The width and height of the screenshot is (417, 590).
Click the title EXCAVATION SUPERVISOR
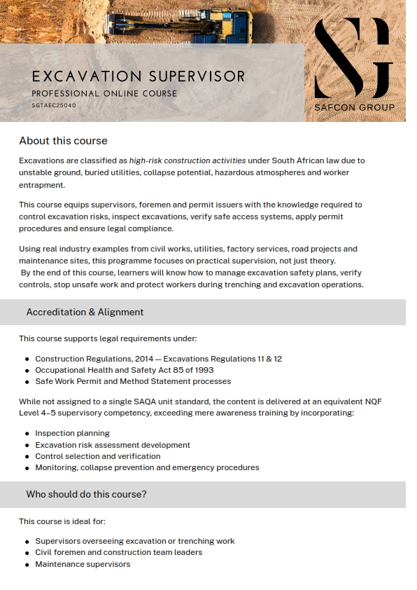point(139,76)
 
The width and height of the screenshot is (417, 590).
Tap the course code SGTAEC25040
point(54,105)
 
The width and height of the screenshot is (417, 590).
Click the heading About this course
point(63,141)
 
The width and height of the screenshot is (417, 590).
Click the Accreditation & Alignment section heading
point(85,312)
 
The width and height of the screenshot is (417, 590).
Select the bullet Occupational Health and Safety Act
point(125,370)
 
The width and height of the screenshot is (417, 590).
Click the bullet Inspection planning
point(72,433)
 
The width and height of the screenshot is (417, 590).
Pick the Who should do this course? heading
point(86,494)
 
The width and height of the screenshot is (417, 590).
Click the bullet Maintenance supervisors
point(83,564)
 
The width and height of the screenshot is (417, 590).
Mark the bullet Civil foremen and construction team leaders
point(118,552)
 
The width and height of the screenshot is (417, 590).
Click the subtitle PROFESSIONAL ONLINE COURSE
point(104,93)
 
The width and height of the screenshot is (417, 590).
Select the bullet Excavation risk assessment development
point(113,444)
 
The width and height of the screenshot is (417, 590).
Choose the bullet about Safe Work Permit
point(133,381)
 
